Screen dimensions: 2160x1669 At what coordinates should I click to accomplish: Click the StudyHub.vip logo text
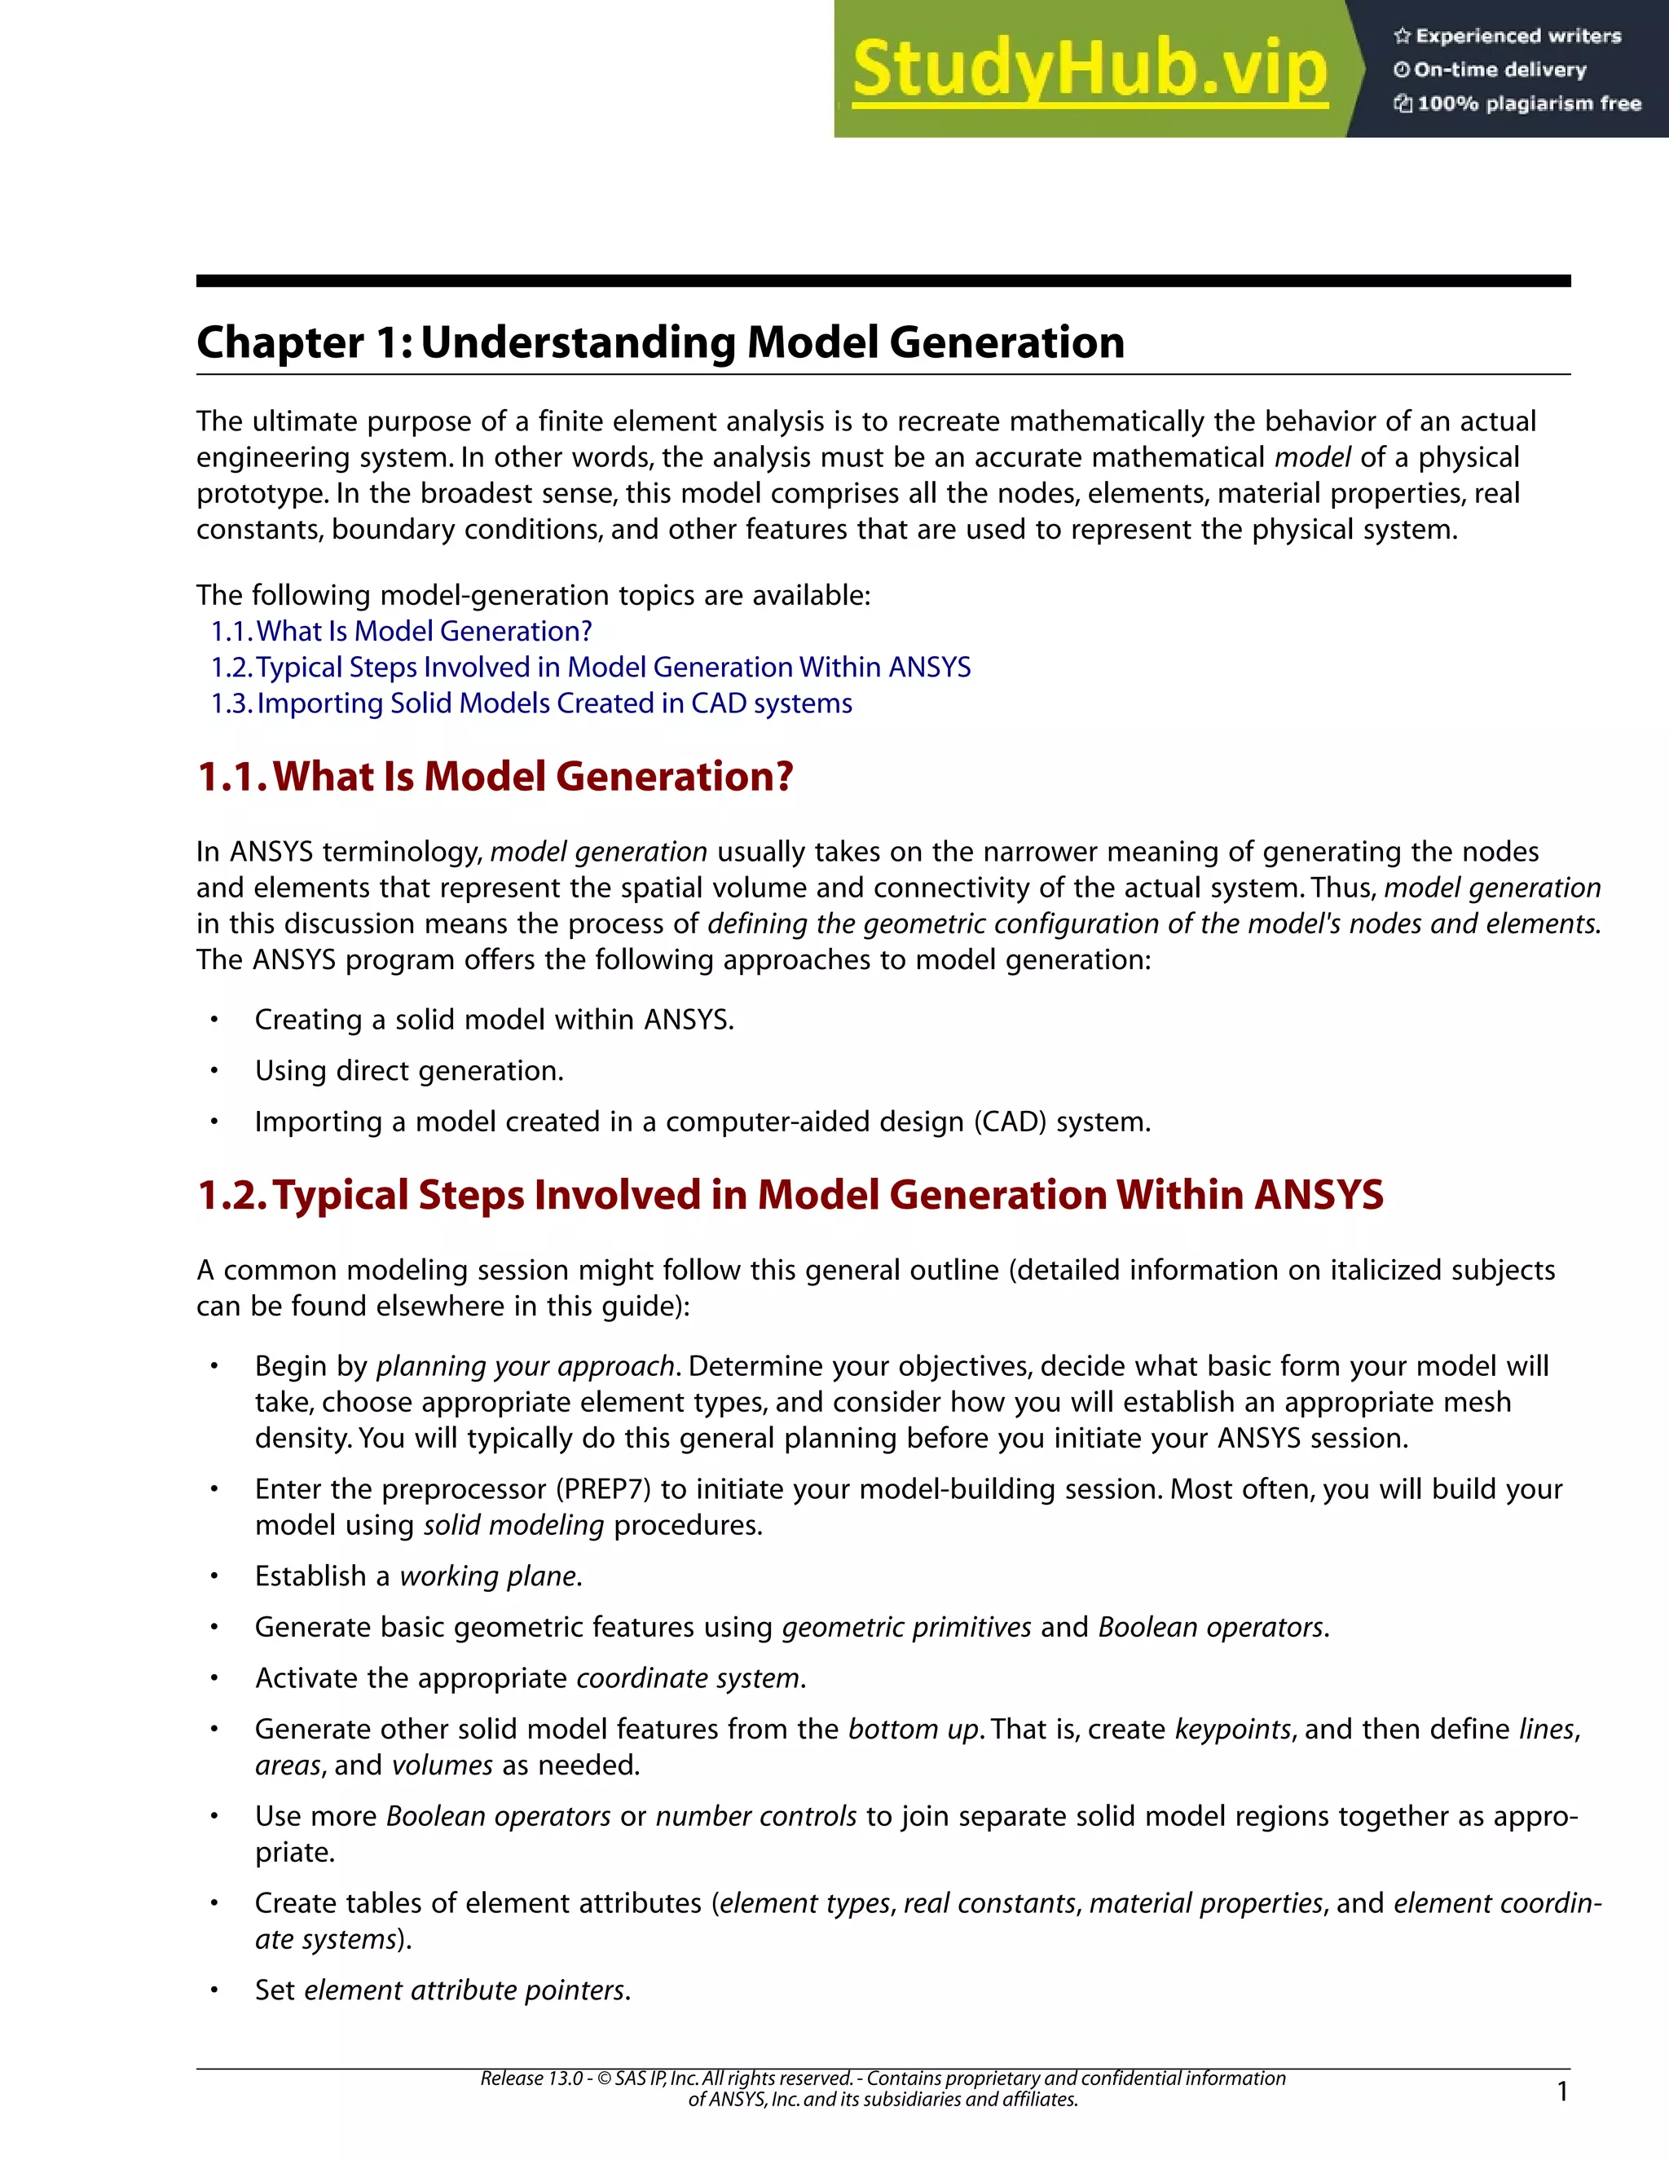tap(1089, 70)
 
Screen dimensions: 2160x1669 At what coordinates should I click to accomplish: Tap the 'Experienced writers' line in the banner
tap(1508, 37)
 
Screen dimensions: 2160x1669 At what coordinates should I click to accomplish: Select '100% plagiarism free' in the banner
tap(1517, 104)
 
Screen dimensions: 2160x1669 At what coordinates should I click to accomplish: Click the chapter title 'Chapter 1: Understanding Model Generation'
tap(659, 343)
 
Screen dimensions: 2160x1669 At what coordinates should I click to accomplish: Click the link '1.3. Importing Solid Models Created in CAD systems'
tap(531, 703)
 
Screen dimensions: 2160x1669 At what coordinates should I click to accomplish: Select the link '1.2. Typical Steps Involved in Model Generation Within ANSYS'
tap(590, 668)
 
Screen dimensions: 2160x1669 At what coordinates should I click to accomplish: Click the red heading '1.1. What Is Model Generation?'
tap(495, 776)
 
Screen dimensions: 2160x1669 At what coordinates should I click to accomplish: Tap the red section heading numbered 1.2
tap(790, 1195)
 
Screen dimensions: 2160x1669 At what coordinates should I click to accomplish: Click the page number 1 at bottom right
tap(1562, 2091)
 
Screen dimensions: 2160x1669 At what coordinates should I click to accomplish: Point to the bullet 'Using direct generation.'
tap(408, 1071)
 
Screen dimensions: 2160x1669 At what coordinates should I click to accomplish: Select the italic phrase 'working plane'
tap(487, 1576)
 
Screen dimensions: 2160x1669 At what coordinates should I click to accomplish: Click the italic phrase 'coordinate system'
tap(687, 1678)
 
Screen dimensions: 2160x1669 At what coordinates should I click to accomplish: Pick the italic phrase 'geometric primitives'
tap(905, 1627)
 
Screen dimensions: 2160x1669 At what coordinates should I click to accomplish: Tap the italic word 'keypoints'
tap(1232, 1729)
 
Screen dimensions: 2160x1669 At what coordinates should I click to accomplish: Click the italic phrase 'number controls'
tap(755, 1816)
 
